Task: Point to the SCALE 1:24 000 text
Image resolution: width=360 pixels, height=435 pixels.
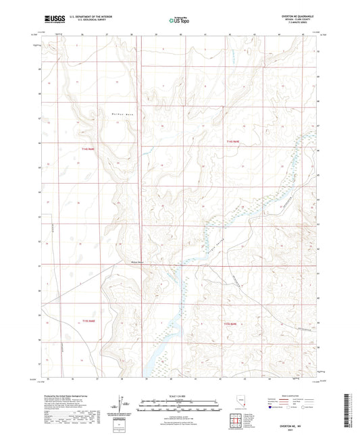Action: coord(179,396)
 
